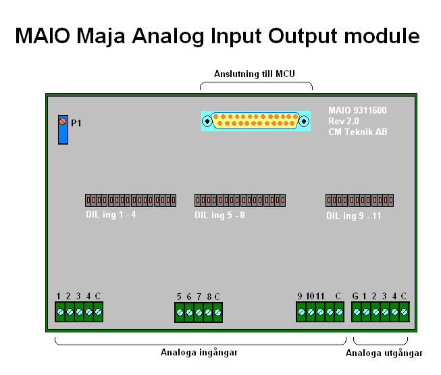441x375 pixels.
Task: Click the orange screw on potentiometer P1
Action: [x=62, y=121]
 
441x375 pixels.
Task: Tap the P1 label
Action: [x=76, y=123]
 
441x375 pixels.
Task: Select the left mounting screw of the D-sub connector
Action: [x=207, y=121]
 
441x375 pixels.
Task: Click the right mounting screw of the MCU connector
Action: [x=304, y=121]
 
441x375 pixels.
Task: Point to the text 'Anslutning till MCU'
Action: [x=254, y=74]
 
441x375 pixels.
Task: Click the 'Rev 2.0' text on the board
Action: [x=343, y=121]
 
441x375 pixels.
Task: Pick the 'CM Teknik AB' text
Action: [x=358, y=132]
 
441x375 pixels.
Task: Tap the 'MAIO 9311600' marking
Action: [x=357, y=110]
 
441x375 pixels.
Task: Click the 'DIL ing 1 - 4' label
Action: [x=111, y=215]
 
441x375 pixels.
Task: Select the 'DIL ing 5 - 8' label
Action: [x=219, y=216]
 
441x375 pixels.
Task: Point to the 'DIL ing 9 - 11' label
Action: [x=353, y=216]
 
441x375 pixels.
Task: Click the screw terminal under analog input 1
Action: [x=60, y=311]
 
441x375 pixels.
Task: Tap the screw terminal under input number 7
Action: [x=199, y=312]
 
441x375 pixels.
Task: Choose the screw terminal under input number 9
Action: [x=301, y=311]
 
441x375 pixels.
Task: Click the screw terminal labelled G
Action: [x=357, y=311]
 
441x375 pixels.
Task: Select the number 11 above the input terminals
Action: [x=320, y=296]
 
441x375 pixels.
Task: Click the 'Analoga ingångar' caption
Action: [x=199, y=352]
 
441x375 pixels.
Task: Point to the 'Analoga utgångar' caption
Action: [x=384, y=353]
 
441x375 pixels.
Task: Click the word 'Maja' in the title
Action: [x=101, y=36]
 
